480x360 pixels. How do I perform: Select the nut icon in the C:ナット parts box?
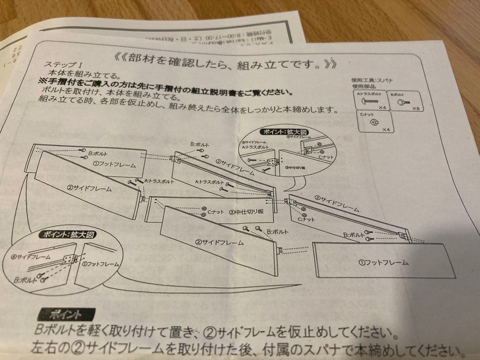374,122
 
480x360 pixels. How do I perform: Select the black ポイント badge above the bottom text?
66,315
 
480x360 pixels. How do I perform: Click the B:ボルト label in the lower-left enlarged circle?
26,280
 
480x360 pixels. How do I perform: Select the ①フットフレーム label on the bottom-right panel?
383,262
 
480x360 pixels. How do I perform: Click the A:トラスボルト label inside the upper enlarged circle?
255,147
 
